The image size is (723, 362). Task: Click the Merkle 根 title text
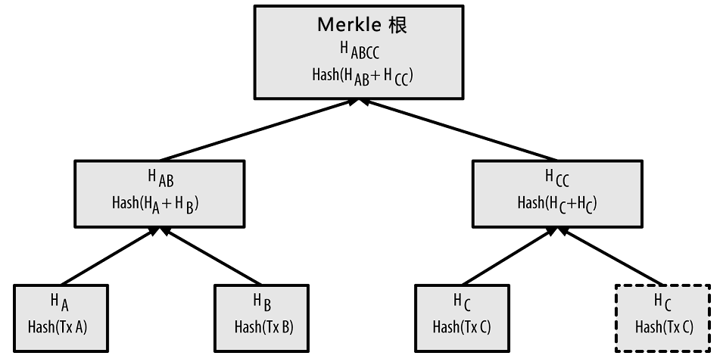(363, 24)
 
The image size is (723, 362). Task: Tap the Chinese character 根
(397, 24)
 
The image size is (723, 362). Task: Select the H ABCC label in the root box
(360, 50)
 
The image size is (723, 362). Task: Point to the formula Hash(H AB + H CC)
(363, 76)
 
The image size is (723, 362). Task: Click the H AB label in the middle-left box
(160, 178)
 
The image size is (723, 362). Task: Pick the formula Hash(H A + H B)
(155, 204)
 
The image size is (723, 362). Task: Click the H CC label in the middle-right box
(557, 178)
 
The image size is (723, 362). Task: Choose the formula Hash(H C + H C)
(557, 204)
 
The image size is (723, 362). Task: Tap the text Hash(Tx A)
(58, 327)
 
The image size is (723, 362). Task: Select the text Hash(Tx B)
(263, 327)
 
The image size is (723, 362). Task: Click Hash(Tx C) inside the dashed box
(664, 327)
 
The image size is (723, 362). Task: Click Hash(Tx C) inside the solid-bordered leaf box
(462, 327)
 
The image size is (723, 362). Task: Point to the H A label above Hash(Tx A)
(60, 302)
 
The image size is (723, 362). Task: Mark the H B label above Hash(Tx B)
(262, 302)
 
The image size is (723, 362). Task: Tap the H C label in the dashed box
(662, 302)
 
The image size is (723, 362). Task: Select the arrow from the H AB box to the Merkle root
(260, 130)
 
